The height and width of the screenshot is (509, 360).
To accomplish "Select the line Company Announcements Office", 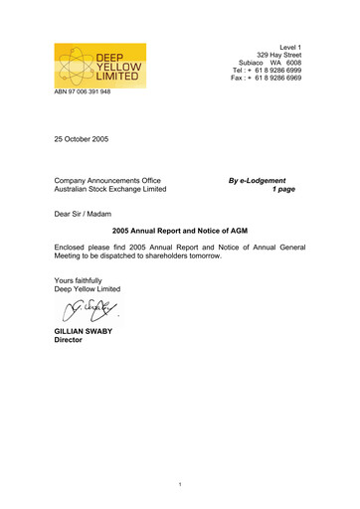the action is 108,180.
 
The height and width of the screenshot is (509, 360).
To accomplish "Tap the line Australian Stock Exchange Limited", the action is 110,190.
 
